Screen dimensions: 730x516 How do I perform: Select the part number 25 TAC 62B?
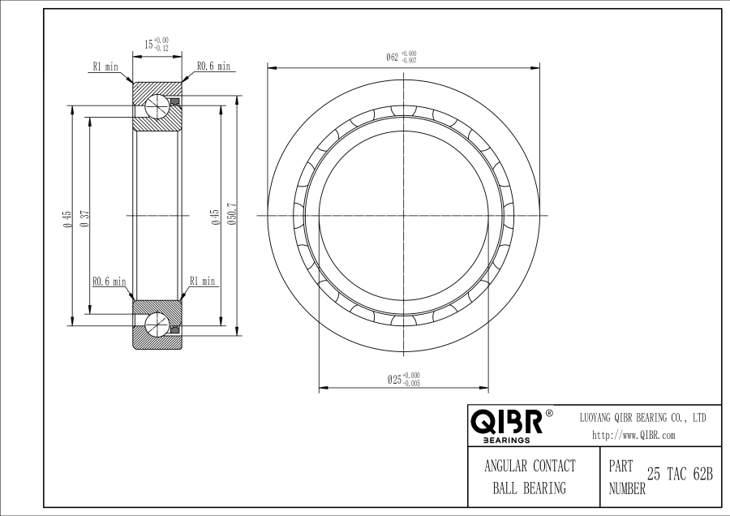tap(681, 474)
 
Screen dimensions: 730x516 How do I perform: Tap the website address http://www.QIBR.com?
tap(633, 436)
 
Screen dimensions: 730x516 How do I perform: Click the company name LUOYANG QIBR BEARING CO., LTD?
tap(643, 418)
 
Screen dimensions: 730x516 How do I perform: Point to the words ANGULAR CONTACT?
tap(530, 466)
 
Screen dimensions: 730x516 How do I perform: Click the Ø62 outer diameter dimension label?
tap(401, 57)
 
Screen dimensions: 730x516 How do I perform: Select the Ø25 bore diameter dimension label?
tap(404, 380)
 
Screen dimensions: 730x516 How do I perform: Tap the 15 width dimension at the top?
tap(157, 45)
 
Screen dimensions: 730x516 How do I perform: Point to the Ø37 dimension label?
tap(84, 218)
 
